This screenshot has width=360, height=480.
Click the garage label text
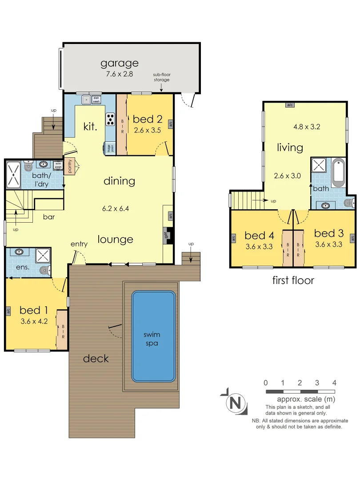[119, 63]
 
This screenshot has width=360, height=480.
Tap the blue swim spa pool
[153, 336]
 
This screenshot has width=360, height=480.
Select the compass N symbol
[236, 403]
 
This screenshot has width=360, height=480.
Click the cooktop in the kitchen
[110, 119]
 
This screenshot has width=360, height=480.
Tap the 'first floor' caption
[293, 280]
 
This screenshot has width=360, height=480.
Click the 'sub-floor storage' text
[162, 77]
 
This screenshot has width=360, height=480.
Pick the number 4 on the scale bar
[334, 383]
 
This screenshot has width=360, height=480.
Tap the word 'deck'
[96, 358]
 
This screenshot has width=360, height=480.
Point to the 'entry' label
[79, 244]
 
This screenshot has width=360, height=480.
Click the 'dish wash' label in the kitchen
[96, 100]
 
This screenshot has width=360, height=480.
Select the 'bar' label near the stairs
[49, 218]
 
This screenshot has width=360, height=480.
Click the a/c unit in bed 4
[233, 239]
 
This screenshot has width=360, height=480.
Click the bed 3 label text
[328, 233]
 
